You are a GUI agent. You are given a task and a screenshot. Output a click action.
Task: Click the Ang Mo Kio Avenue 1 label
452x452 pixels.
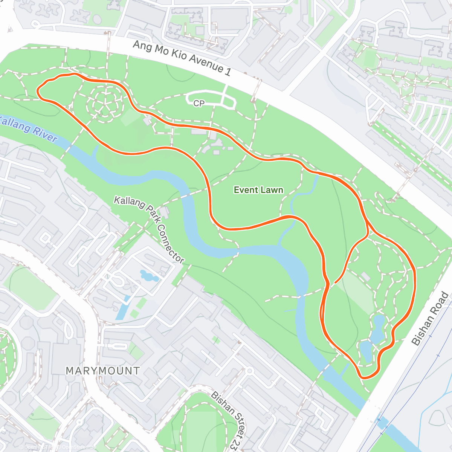[182, 58]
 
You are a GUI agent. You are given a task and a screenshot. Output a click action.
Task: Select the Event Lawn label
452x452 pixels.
[258, 190]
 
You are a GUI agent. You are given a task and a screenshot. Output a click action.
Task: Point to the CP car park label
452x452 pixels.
[199, 103]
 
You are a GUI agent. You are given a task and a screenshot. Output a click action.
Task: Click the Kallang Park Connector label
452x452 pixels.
[150, 229]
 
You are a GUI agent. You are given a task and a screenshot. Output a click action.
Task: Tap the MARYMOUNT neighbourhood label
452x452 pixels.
[102, 371]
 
